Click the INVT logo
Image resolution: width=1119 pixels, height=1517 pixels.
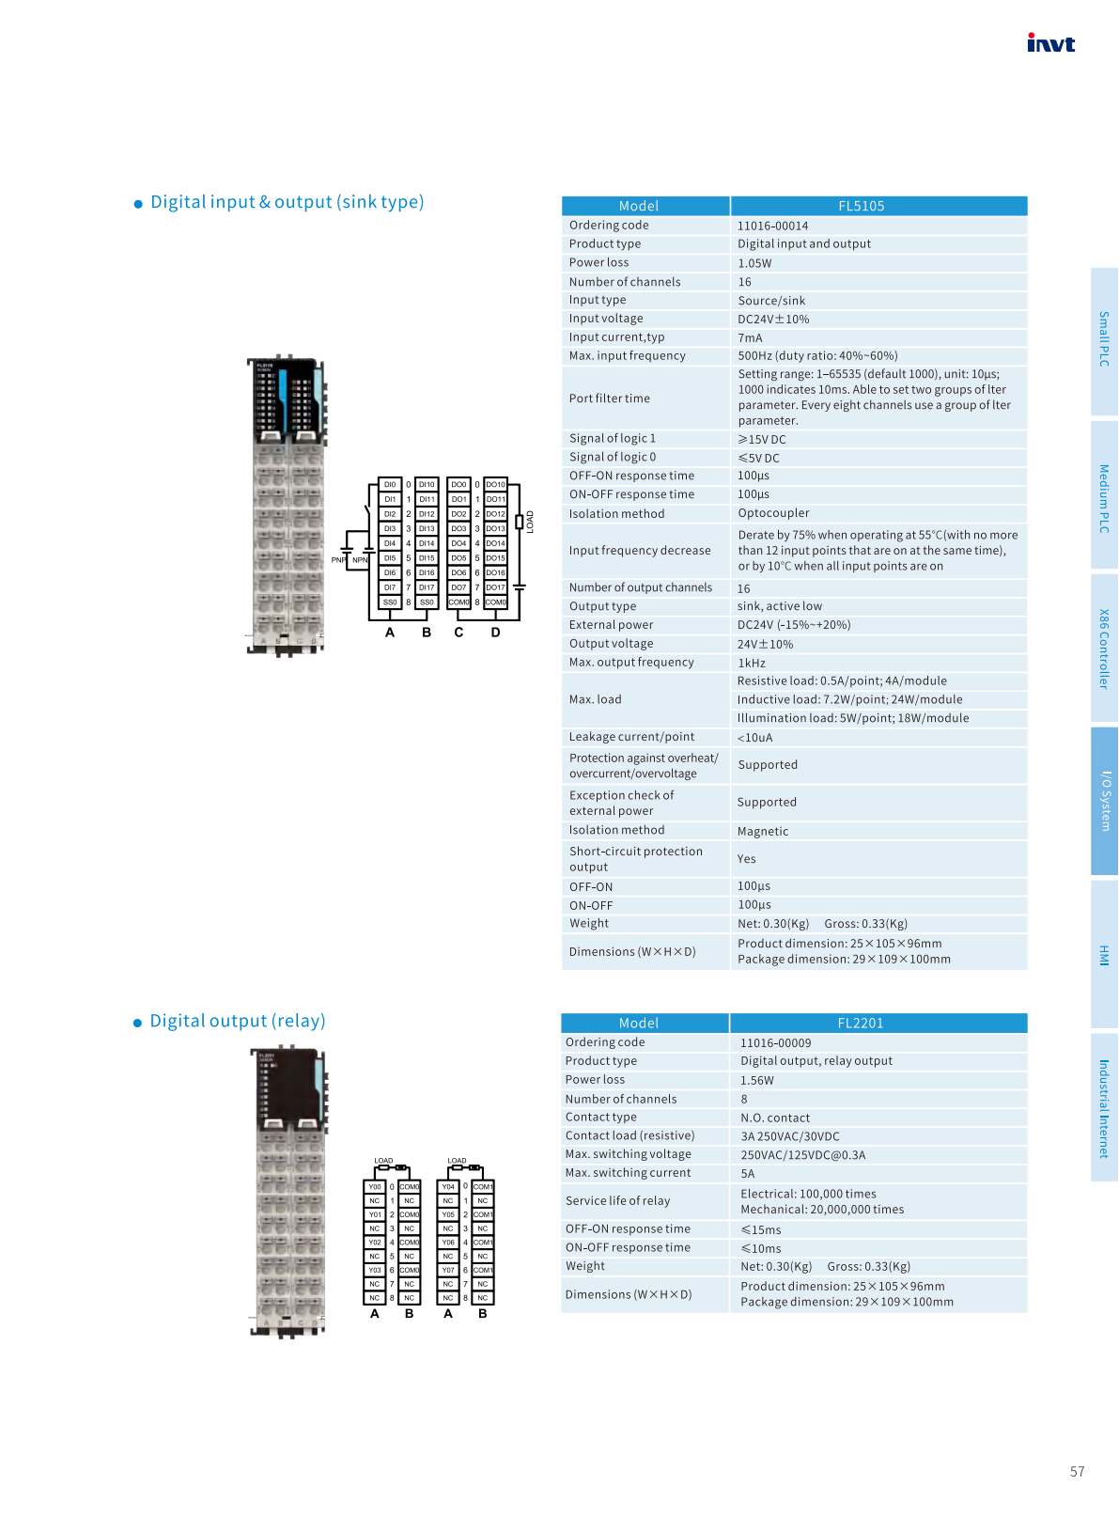(1050, 43)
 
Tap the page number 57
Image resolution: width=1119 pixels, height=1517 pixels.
(1077, 1471)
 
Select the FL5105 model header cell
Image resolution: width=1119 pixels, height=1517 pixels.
(861, 206)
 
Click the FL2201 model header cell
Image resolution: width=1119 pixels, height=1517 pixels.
(860, 1023)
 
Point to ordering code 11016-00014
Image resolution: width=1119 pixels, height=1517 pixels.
(772, 226)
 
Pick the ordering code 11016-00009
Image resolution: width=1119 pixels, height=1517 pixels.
(775, 1042)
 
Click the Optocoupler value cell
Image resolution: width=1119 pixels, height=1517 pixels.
(773, 513)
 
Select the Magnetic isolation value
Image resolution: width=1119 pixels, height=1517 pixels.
(763, 831)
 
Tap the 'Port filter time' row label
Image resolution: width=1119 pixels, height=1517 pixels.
(609, 399)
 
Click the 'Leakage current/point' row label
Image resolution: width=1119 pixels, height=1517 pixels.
(631, 737)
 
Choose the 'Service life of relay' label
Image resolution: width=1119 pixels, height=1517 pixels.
(617, 1200)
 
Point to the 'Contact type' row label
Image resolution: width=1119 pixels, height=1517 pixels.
(600, 1117)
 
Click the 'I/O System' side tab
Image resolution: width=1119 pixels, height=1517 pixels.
(1105, 801)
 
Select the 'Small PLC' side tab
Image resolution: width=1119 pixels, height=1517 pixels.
(1105, 339)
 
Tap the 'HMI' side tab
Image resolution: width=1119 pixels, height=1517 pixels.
(1105, 955)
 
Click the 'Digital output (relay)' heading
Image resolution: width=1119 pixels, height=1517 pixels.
(238, 1021)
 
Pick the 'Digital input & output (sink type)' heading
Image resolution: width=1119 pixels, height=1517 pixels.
(287, 202)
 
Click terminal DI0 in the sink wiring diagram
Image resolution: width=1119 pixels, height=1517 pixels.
(390, 485)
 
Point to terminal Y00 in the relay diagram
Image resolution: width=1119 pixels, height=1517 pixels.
(375, 1187)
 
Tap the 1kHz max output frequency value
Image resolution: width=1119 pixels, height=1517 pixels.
(752, 663)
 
